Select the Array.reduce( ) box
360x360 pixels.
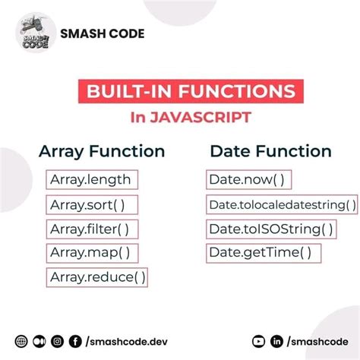(96, 277)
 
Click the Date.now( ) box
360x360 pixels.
(247, 180)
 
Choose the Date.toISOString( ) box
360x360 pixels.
(270, 229)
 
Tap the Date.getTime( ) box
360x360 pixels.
(261, 252)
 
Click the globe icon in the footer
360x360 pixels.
(21, 342)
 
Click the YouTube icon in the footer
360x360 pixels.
(258, 342)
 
